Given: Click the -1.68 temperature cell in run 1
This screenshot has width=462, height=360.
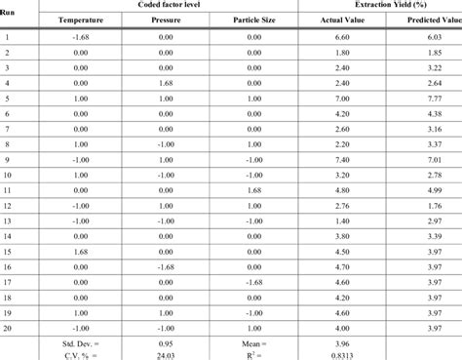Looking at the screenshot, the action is pos(80,35).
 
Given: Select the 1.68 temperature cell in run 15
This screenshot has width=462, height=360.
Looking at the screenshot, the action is pos(80,253).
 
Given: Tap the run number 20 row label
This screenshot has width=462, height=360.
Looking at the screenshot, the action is pos(8,330).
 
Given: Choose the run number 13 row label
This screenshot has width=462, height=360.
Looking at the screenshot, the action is pos(8,221).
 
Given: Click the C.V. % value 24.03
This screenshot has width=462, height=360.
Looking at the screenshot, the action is pos(178,356).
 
